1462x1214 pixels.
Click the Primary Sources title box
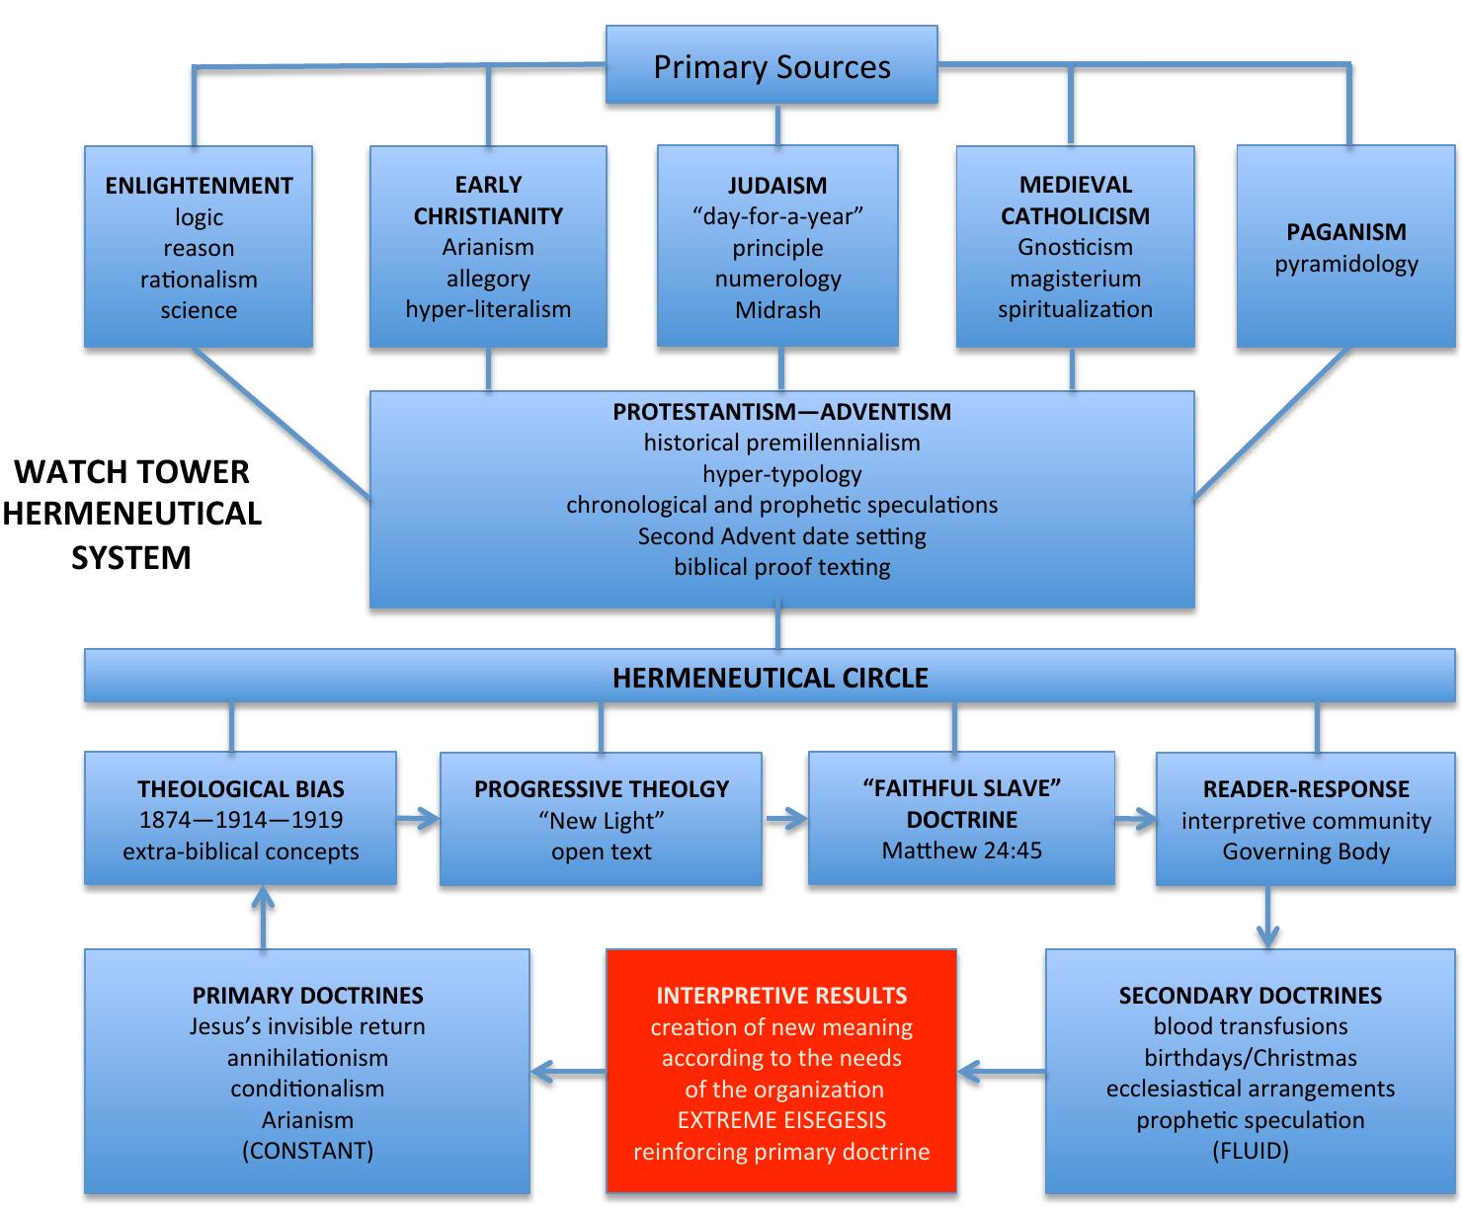pyautogui.click(x=772, y=66)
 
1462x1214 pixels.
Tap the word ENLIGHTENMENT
pyautogui.click(x=199, y=186)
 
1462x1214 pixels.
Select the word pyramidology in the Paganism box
pyautogui.click(x=1345, y=264)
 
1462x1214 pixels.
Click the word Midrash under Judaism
pyautogui.click(x=777, y=310)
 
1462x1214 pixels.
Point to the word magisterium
pyautogui.click(x=1075, y=279)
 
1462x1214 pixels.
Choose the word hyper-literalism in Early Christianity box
pyautogui.click(x=488, y=309)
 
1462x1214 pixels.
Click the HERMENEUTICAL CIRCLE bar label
pyautogui.click(x=770, y=678)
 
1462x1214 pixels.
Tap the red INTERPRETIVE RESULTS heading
pyautogui.click(x=781, y=995)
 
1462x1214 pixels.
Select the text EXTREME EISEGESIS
pyautogui.click(x=781, y=1120)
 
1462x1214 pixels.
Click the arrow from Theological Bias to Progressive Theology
pyautogui.click(x=419, y=818)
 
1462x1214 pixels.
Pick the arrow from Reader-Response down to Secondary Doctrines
pyautogui.click(x=1268, y=919)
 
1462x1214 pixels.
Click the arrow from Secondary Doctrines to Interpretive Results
pyautogui.click(x=1001, y=1070)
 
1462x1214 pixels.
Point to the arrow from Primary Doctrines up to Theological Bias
pyautogui.click(x=263, y=916)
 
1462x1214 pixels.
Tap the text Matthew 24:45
pyautogui.click(x=961, y=850)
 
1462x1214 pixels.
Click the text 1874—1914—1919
pyautogui.click(x=241, y=820)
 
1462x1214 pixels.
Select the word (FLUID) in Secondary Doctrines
pyautogui.click(x=1250, y=1151)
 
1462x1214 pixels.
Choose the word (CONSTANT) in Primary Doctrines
pyautogui.click(x=307, y=1151)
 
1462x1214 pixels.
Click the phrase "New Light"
pyautogui.click(x=601, y=820)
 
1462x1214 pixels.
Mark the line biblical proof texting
pyautogui.click(x=781, y=567)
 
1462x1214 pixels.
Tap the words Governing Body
pyautogui.click(x=1305, y=851)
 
